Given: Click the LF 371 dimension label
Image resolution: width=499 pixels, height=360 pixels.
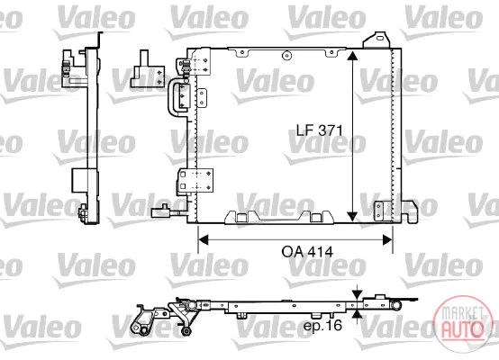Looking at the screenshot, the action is click(320, 130).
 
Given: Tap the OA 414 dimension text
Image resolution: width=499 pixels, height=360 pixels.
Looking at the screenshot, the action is click(307, 252).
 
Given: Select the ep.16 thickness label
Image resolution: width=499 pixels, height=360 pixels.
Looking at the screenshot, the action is click(322, 325).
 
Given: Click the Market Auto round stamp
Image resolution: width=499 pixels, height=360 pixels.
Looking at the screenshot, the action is click(462, 323).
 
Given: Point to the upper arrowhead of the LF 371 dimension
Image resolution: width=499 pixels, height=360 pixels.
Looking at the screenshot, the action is click(352, 55).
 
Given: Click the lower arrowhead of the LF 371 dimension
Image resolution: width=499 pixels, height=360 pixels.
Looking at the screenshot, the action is click(352, 216).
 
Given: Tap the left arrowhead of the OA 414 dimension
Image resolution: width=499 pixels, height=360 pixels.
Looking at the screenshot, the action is click(203, 239).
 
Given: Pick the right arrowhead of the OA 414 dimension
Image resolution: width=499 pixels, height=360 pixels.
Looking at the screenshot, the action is click(387, 239).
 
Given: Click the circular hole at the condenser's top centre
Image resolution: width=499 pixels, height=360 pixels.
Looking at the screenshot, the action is click(286, 56).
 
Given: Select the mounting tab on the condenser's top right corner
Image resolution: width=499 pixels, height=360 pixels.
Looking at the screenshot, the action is click(377, 40).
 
